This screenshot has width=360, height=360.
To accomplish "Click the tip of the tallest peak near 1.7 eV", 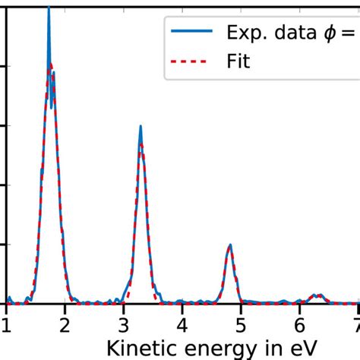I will (x=49, y=8).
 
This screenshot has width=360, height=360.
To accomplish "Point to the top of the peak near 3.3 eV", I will (x=141, y=127).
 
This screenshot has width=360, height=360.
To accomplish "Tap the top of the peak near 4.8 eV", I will (x=230, y=245).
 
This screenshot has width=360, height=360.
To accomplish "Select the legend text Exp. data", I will (x=273, y=33).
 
